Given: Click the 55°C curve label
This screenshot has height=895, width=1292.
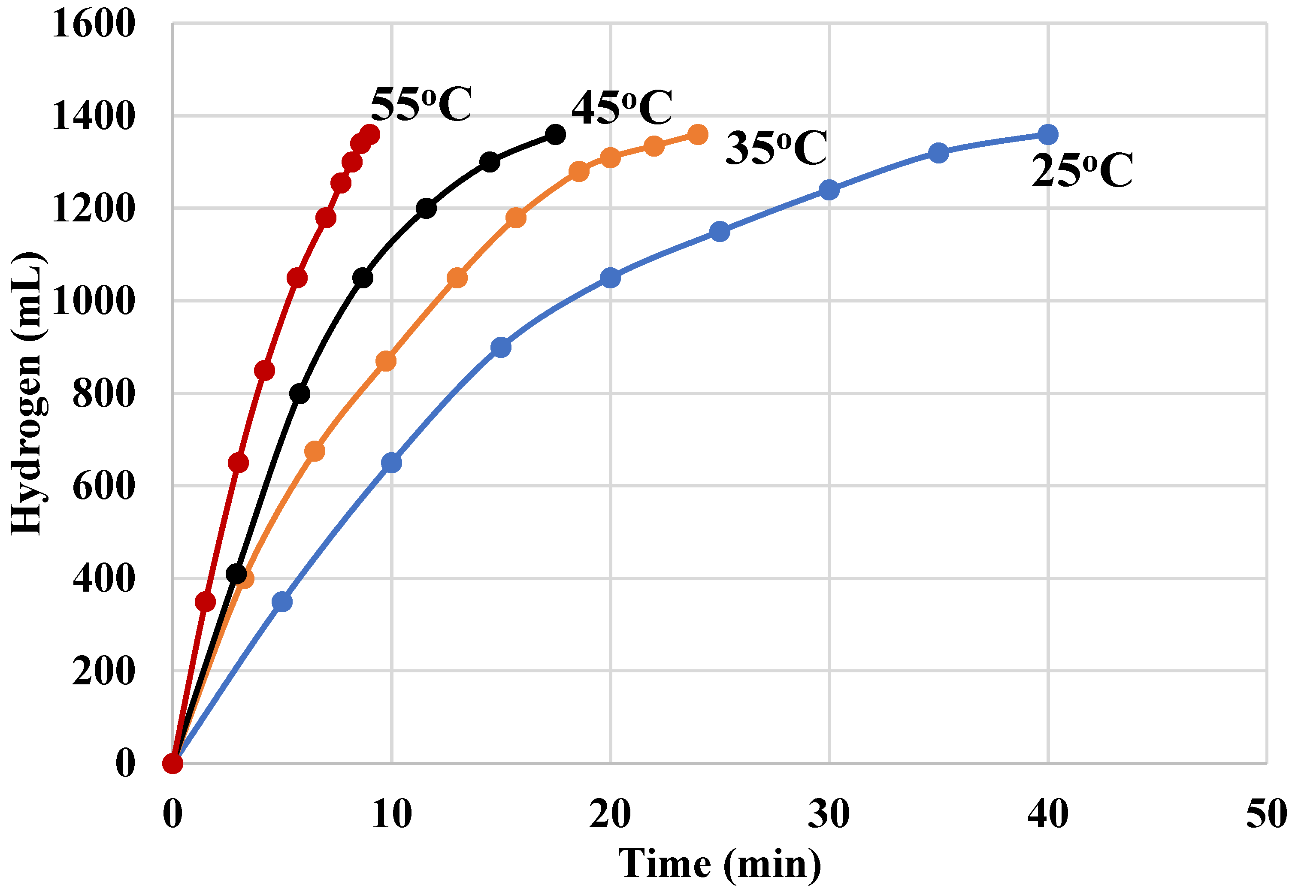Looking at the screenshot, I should (x=421, y=104).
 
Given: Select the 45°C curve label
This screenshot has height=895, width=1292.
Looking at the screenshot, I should (x=621, y=108).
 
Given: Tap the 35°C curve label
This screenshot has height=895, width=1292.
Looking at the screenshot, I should (x=776, y=148).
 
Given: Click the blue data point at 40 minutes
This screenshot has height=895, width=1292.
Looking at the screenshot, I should (x=1047, y=135).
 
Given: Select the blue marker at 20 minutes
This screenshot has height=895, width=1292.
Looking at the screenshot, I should (x=610, y=278).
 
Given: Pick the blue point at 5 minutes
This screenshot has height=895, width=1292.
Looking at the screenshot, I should (x=282, y=602).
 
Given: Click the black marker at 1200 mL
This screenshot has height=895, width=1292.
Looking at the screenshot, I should (x=426, y=209).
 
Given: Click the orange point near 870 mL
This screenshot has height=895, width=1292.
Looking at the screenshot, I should (x=386, y=361).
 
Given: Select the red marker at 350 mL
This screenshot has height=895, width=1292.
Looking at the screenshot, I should (x=205, y=602).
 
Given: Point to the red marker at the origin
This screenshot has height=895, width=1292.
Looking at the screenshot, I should (x=173, y=763).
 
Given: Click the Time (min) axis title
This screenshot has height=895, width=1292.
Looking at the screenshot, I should (x=720, y=864).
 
